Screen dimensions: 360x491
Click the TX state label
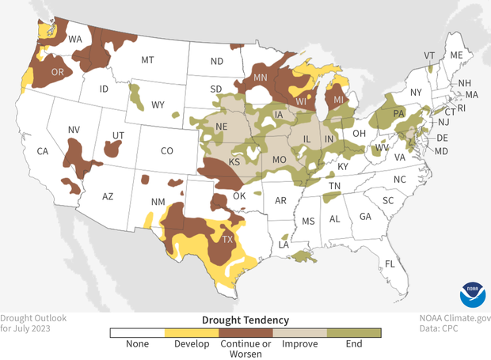(228, 239)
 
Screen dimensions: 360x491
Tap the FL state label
(390, 263)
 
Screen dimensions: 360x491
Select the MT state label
(147, 60)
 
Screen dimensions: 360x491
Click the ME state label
(455, 56)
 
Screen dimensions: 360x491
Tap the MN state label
(261, 78)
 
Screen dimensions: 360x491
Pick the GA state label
(365, 217)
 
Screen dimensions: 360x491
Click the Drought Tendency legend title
(246, 320)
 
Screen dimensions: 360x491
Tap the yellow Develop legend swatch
(191, 333)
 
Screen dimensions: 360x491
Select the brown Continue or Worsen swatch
(246, 333)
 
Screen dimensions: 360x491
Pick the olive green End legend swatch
(354, 333)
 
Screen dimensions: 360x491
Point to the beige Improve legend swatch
(299, 333)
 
